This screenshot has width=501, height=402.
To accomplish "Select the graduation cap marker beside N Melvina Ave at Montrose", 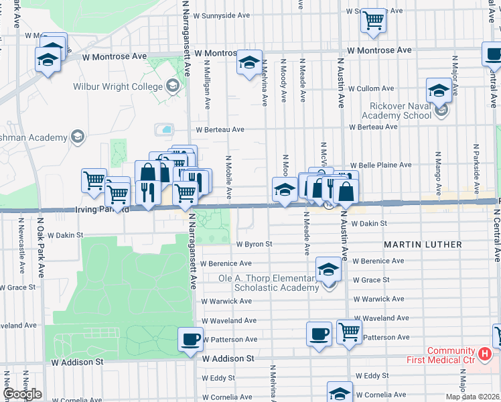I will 250,63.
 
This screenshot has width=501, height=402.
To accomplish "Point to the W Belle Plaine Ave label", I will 385,165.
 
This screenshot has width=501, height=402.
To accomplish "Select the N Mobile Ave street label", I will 228,178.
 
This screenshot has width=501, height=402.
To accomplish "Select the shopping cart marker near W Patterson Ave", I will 349,331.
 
